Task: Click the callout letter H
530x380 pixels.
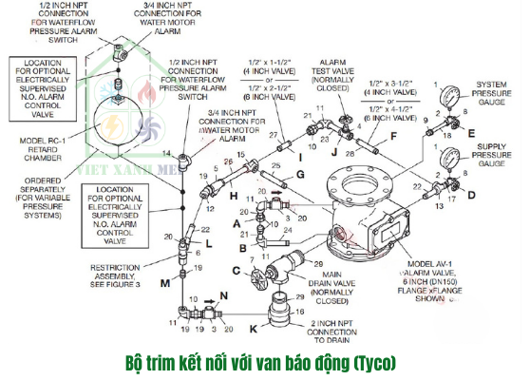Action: pyautogui.click(x=231, y=195)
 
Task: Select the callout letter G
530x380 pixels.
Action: pyautogui.click(x=299, y=176)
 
